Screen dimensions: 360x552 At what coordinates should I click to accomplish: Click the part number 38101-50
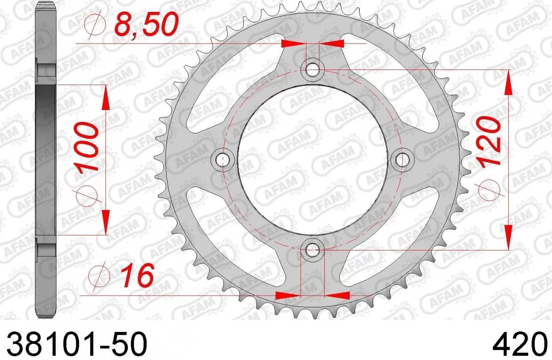[76, 344]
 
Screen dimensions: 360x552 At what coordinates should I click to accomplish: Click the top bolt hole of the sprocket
[313, 70]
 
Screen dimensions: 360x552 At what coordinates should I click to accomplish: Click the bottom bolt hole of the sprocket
[313, 250]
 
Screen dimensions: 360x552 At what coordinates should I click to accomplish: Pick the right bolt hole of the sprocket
[403, 160]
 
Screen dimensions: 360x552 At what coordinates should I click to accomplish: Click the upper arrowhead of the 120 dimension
[508, 83]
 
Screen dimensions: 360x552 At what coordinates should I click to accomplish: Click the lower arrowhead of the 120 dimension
[508, 237]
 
